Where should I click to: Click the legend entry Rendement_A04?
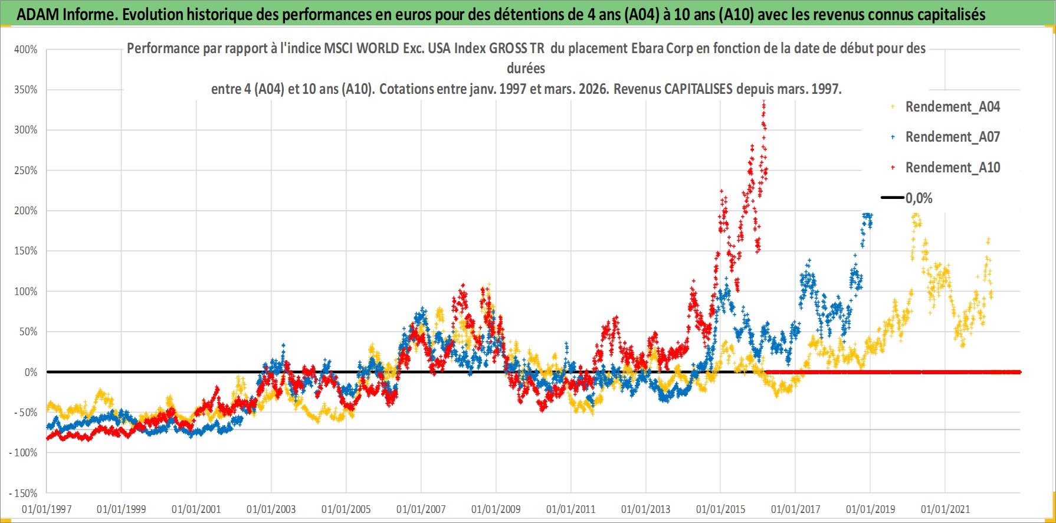pos(952,107)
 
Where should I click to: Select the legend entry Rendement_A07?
pos(952,137)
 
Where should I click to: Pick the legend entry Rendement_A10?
pos(952,168)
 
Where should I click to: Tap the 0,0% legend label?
pos(919,198)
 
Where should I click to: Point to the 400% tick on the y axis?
pos(26,50)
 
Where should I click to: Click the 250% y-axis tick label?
pos(26,171)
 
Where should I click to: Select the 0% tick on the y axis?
pos(31,372)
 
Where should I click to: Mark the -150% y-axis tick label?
pos(24,493)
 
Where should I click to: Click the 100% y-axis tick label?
pos(26,292)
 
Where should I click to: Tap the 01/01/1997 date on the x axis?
pos(47,509)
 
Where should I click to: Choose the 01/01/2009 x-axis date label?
pos(496,509)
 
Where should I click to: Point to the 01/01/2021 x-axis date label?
pos(945,509)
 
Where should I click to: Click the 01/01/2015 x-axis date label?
pos(720,509)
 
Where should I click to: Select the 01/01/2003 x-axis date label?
pos(271,509)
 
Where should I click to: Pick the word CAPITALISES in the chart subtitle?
pos(698,89)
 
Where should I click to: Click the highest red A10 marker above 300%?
pos(764,103)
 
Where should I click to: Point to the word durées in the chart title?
pos(526,68)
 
